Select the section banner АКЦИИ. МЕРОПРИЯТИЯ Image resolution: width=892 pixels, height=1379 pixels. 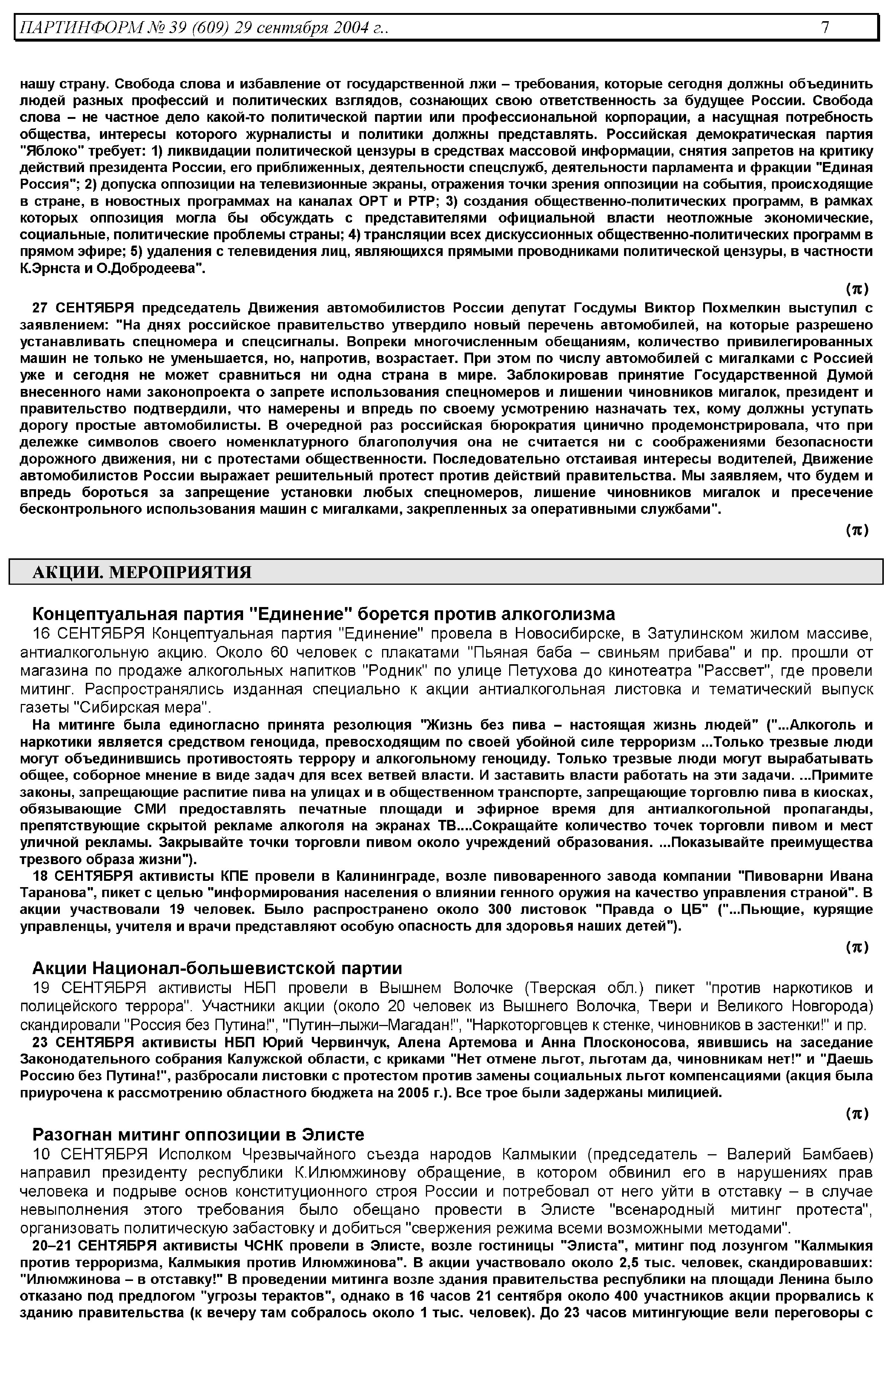click(x=142, y=572)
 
